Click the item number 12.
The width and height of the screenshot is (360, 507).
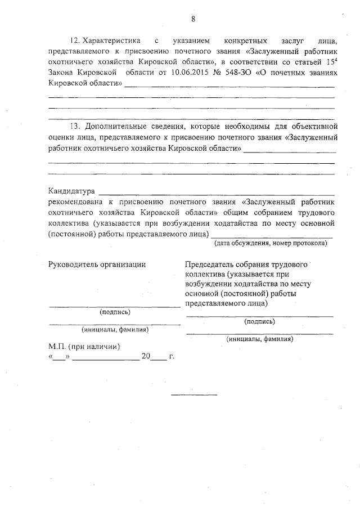point(74,42)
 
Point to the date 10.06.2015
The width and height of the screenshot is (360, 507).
point(184,73)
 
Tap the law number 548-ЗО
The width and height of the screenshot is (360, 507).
point(234,73)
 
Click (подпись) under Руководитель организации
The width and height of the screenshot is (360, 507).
point(115,312)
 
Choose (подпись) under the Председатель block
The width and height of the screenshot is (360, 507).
point(260,321)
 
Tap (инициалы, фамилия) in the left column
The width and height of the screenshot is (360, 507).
point(115,330)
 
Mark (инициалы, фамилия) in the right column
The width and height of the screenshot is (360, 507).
point(260,339)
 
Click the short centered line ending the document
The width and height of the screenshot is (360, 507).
point(194,394)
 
